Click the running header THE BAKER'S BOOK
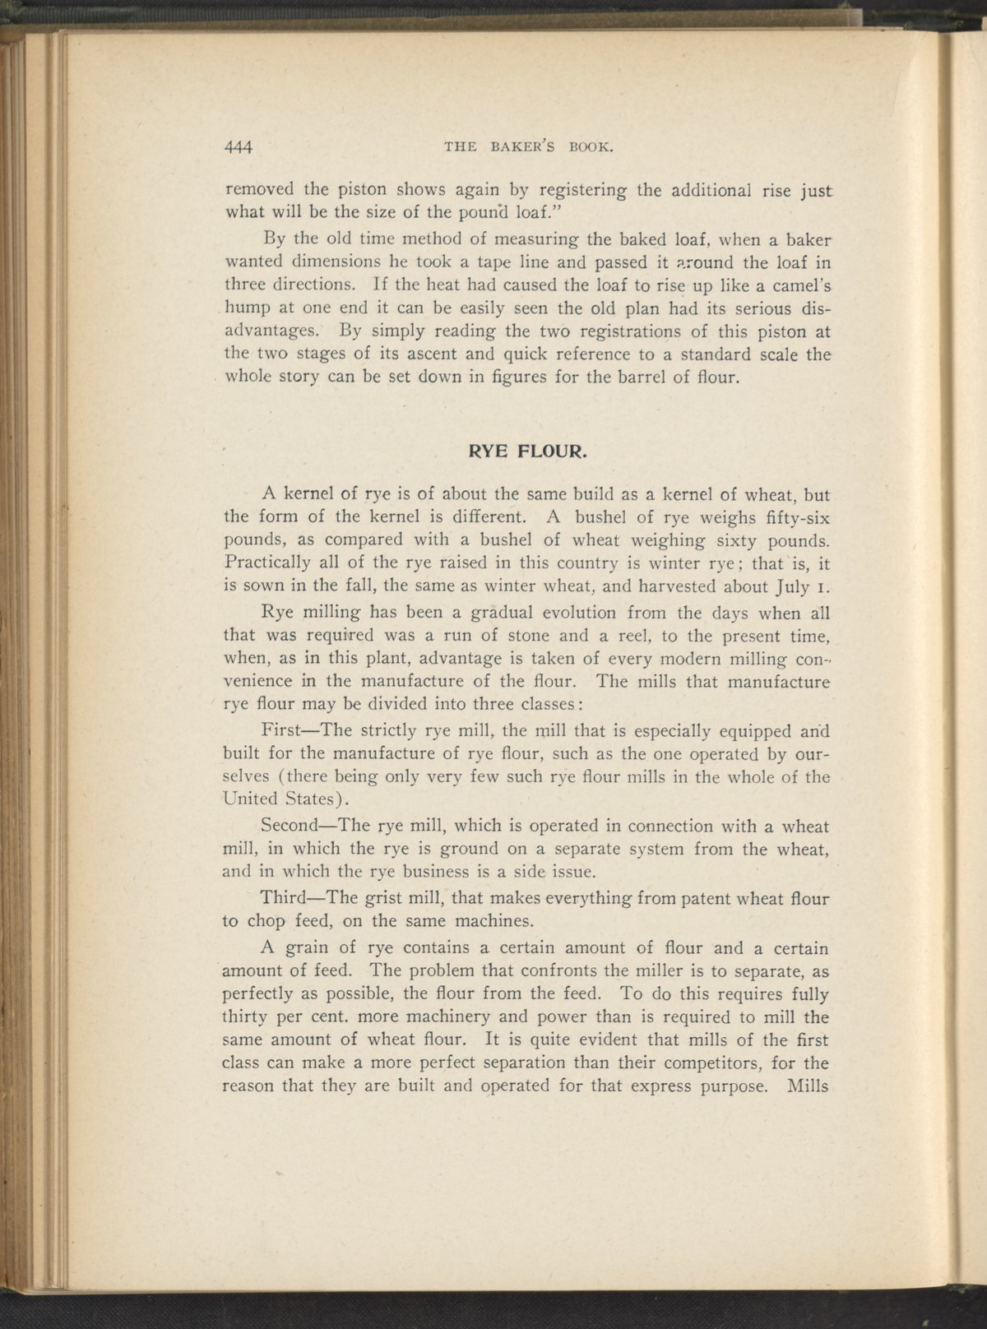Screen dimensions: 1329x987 (529, 148)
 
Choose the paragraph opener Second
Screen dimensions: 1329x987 (292, 826)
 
